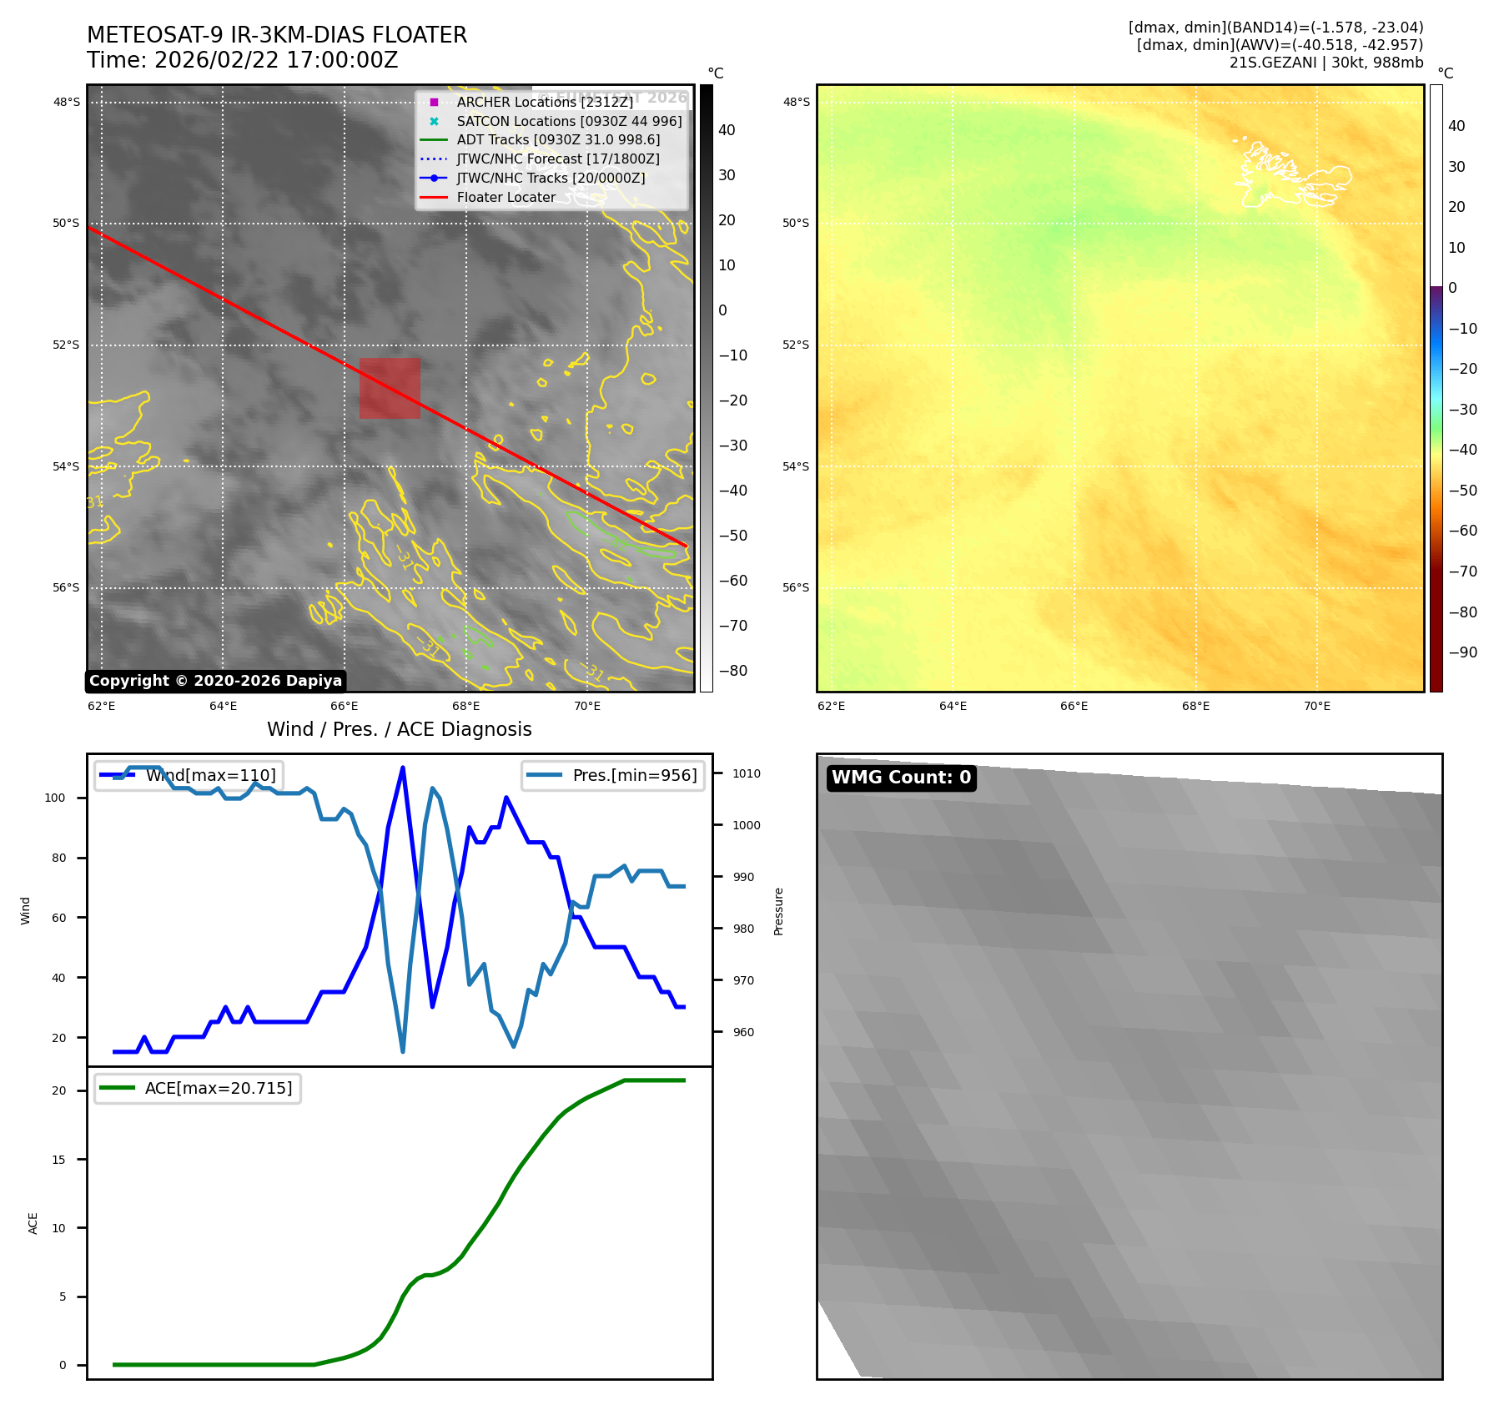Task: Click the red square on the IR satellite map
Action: point(390,388)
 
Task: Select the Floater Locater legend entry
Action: point(506,198)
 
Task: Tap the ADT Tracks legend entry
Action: point(558,140)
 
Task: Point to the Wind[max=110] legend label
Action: point(210,776)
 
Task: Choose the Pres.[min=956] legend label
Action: point(634,776)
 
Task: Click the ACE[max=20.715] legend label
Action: point(219,1089)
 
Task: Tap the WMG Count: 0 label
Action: point(901,778)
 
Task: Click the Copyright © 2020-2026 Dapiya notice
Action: point(215,681)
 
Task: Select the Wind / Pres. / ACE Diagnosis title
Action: point(399,730)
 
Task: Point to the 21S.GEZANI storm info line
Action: point(1325,63)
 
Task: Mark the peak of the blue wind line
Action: point(403,768)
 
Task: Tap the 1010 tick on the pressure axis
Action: point(746,774)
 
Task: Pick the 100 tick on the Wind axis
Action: point(55,798)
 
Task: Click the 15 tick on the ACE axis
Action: point(58,1160)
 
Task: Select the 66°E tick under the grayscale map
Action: point(345,707)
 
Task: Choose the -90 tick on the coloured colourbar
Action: point(1462,652)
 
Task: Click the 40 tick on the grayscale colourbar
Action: point(727,130)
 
